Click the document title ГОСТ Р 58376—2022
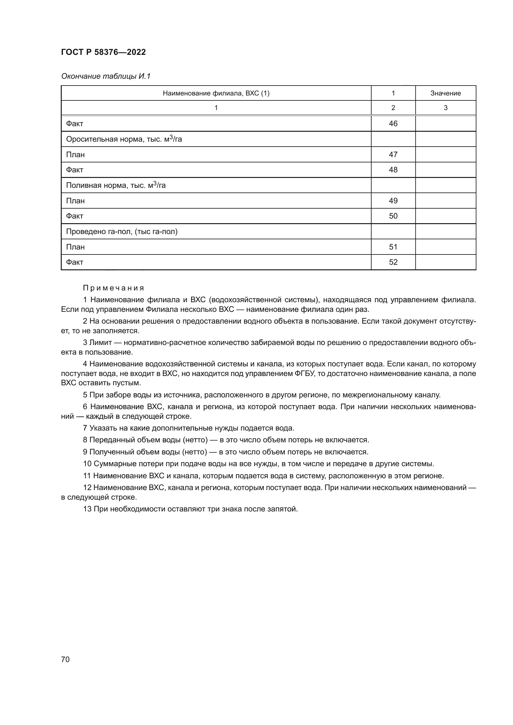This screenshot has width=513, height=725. [x=103, y=52]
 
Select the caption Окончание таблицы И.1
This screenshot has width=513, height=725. [x=105, y=76]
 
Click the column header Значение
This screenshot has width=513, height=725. [x=445, y=93]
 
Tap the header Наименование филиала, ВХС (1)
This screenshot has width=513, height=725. [x=216, y=93]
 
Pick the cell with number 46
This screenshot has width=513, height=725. [x=393, y=123]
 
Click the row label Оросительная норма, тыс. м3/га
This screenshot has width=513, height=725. [x=124, y=139]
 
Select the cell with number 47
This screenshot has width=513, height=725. [x=393, y=154]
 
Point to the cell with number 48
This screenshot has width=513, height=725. [x=393, y=170]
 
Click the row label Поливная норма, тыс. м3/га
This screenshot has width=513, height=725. [x=116, y=185]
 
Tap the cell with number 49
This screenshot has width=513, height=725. [x=393, y=201]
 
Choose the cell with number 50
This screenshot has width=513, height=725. [x=393, y=216]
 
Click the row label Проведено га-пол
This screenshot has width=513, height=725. [x=122, y=232]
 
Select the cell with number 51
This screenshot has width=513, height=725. [x=393, y=247]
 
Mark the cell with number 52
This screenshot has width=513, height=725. [x=393, y=262]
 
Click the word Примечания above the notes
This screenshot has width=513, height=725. [x=114, y=288]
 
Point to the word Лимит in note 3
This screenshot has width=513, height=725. [x=100, y=343]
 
